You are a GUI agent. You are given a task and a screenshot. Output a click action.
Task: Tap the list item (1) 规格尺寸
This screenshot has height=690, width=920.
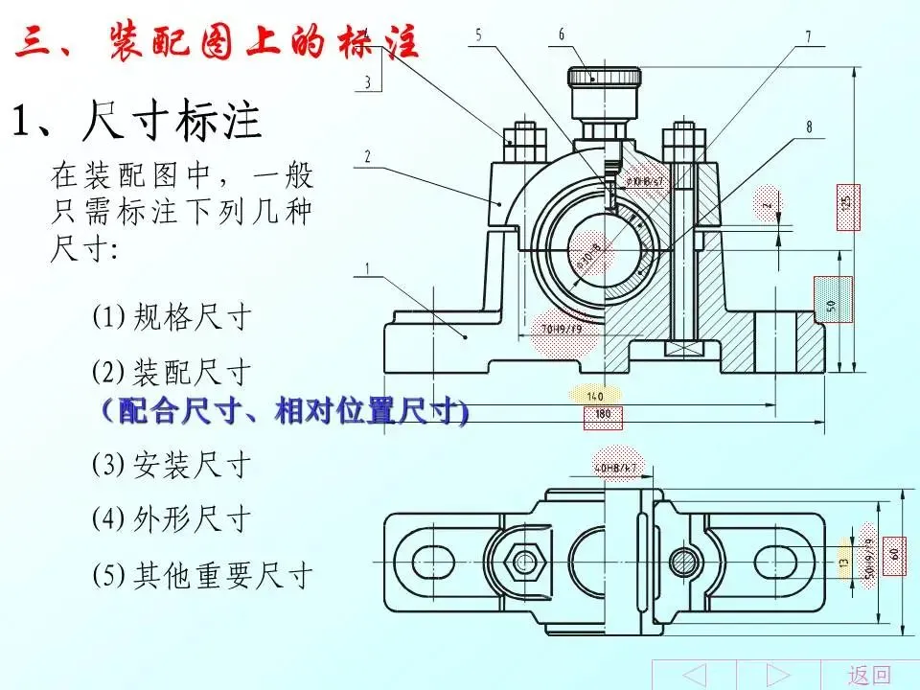[172, 316]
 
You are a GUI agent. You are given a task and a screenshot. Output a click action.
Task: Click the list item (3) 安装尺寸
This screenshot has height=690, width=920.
[172, 465]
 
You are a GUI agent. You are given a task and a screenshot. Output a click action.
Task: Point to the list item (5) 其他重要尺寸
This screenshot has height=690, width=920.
[203, 575]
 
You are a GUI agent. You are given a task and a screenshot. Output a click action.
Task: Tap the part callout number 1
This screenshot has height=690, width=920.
[367, 269]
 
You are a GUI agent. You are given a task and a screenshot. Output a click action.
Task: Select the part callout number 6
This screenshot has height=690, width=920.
[562, 34]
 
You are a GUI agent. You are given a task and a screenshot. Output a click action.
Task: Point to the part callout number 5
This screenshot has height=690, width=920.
[478, 34]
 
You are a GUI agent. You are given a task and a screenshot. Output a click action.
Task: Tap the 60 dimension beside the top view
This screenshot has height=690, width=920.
[893, 554]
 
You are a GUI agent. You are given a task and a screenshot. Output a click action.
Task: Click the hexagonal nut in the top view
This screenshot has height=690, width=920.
[525, 560]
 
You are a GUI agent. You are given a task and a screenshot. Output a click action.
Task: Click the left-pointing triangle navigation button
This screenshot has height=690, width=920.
[693, 675]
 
